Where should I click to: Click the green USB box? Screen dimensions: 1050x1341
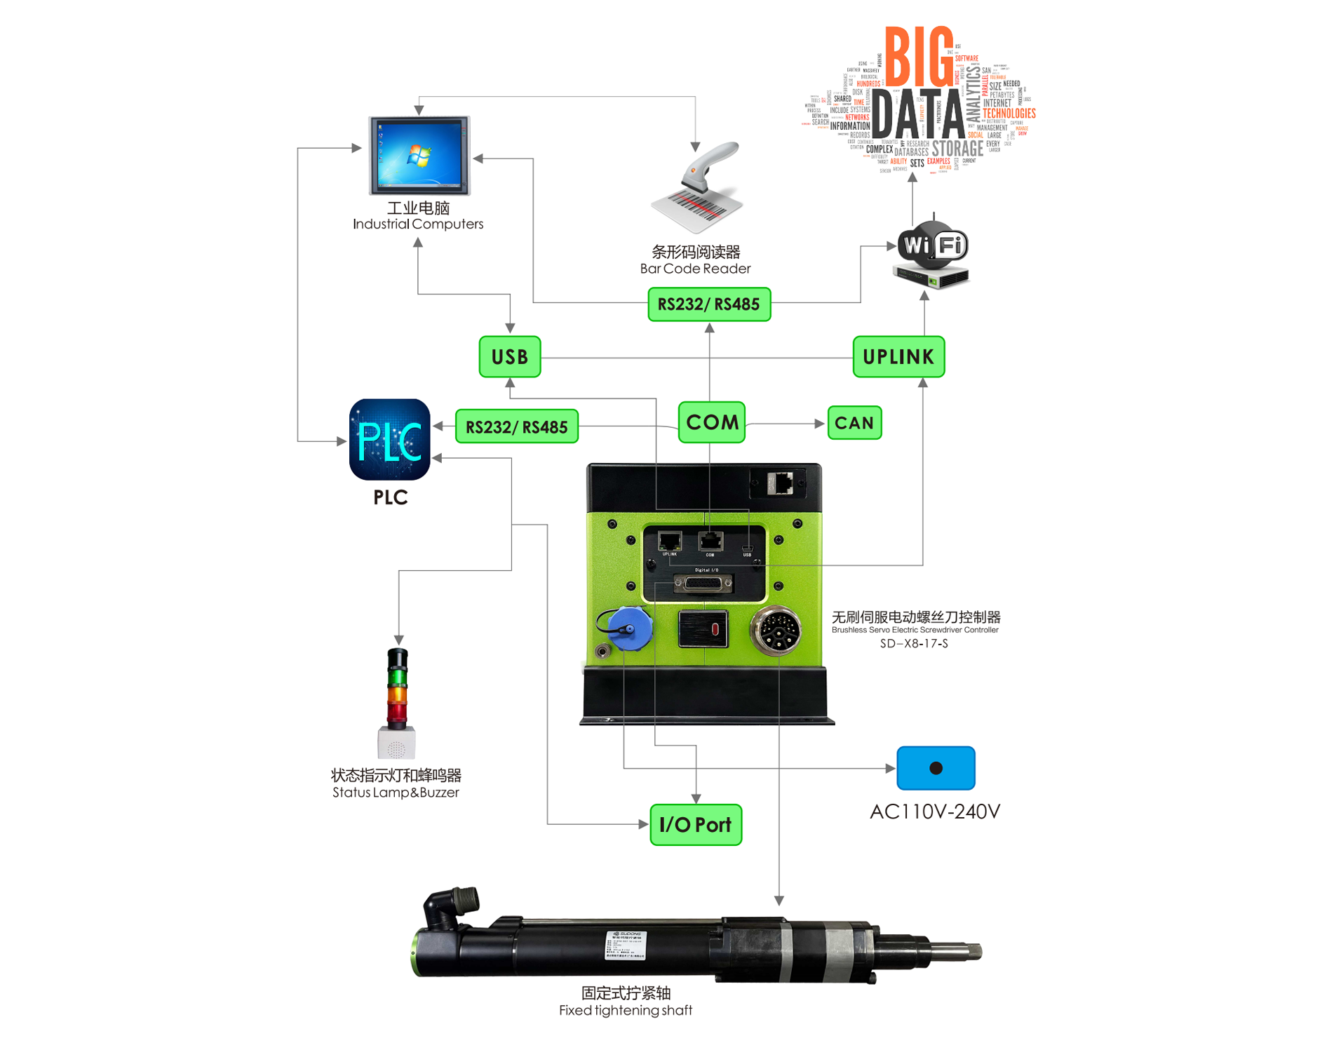click(x=509, y=357)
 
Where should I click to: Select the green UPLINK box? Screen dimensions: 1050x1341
click(x=898, y=357)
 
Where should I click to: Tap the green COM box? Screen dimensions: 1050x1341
click(x=711, y=422)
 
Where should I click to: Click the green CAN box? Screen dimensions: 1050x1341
click(x=854, y=423)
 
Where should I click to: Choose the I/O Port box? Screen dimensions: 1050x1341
click(x=695, y=825)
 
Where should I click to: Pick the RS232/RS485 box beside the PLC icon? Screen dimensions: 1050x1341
click(x=516, y=426)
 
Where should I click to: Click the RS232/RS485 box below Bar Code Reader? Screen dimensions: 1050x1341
click(x=708, y=304)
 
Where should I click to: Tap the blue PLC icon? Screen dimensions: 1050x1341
click(x=389, y=440)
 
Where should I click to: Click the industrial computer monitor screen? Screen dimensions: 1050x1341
click(x=419, y=155)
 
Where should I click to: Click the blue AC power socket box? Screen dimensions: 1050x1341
click(x=935, y=768)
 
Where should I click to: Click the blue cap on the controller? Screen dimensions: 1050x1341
click(x=629, y=628)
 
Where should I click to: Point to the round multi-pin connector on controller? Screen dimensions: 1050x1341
click(x=776, y=630)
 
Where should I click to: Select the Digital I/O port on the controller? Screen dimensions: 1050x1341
click(x=703, y=583)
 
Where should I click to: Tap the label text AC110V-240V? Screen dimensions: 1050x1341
click(x=934, y=812)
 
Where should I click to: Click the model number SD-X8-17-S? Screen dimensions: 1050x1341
click(x=913, y=643)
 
